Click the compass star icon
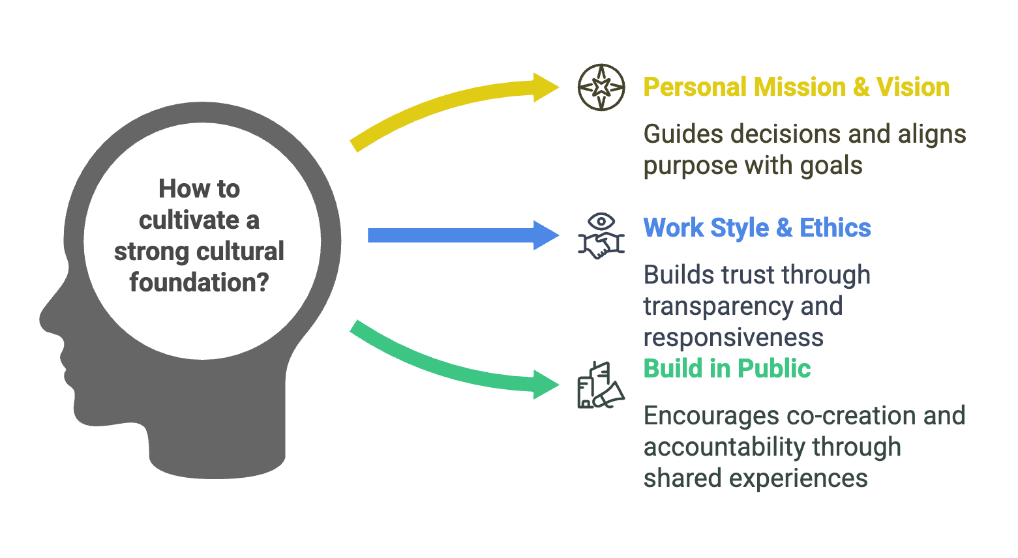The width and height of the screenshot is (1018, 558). (x=601, y=87)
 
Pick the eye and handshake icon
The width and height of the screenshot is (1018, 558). (x=601, y=235)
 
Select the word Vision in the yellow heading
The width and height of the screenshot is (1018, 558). (x=912, y=87)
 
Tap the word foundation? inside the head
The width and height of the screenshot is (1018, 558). (x=199, y=282)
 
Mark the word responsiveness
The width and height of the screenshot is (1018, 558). (x=733, y=338)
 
